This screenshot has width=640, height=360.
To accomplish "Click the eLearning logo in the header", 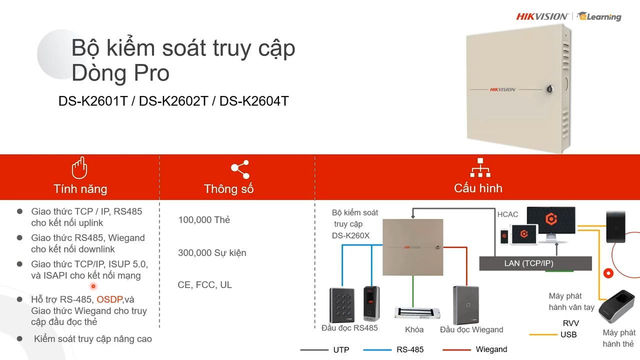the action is [599, 16].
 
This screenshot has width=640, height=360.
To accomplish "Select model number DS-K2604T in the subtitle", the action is [254, 101].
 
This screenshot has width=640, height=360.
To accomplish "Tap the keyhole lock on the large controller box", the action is [549, 89].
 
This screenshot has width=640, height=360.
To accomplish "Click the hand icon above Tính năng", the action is [79, 167].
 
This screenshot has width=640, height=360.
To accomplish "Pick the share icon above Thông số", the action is [240, 169].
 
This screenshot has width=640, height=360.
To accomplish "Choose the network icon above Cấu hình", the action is [480, 167].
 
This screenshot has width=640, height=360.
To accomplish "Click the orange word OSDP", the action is [109, 299].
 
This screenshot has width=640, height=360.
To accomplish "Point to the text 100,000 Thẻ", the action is [204, 219].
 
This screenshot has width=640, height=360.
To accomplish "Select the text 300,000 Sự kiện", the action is [212, 253].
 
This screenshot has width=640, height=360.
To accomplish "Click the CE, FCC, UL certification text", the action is [204, 285].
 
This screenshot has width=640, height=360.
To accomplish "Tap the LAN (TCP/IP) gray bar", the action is [535, 263].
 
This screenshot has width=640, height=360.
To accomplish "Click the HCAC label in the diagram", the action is [507, 214].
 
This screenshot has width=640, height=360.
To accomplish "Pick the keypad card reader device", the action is [342, 305].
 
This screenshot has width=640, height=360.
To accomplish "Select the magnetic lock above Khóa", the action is [417, 313].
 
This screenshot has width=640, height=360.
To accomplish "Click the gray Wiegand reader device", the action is [465, 305].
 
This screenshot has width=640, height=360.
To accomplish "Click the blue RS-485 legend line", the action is [377, 349].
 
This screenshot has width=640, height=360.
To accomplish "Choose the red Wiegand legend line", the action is [456, 349].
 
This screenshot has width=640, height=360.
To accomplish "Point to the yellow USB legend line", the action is [543, 334].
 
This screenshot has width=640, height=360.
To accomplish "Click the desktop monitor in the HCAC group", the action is [551, 223].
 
